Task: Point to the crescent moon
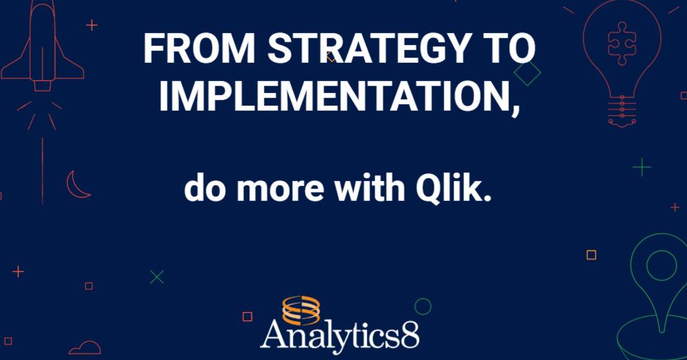77,185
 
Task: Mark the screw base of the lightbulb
623,112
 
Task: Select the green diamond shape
527,73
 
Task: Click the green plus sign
641,167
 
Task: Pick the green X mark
156,277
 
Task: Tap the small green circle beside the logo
423,306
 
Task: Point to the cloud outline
85,347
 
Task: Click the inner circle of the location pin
661,266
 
